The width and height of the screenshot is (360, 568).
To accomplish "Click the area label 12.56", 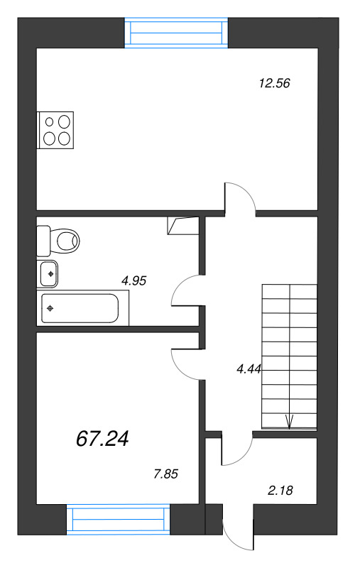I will pyautogui.click(x=276, y=83).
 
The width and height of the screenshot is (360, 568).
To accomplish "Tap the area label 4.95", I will pyautogui.click(x=133, y=280).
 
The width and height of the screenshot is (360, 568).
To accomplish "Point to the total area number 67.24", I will pyautogui.click(x=102, y=439).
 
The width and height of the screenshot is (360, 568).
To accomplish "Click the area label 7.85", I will pyautogui.click(x=165, y=474).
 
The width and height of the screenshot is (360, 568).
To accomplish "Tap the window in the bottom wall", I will pyautogui.click(x=119, y=519).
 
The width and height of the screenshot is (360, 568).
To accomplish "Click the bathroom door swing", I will pyautogui.click(x=186, y=290).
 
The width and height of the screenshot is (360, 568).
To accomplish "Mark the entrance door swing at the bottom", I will pyautogui.click(x=238, y=530).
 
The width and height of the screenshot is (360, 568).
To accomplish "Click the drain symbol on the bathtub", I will pyautogui.click(x=50, y=308).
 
